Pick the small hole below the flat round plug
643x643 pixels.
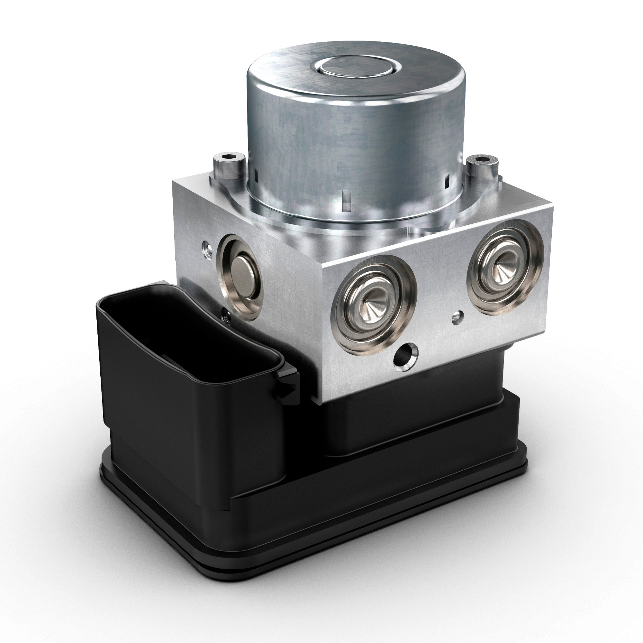click(226, 314)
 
